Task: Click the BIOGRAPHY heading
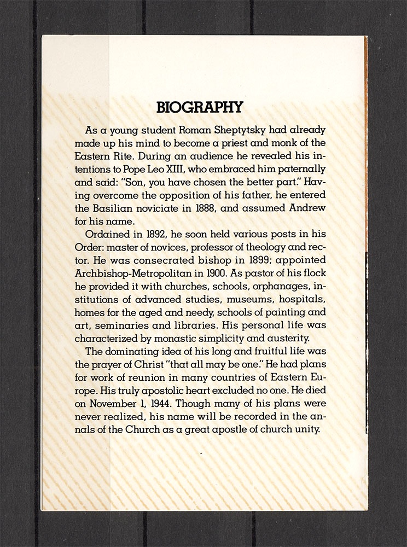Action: click(199, 107)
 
